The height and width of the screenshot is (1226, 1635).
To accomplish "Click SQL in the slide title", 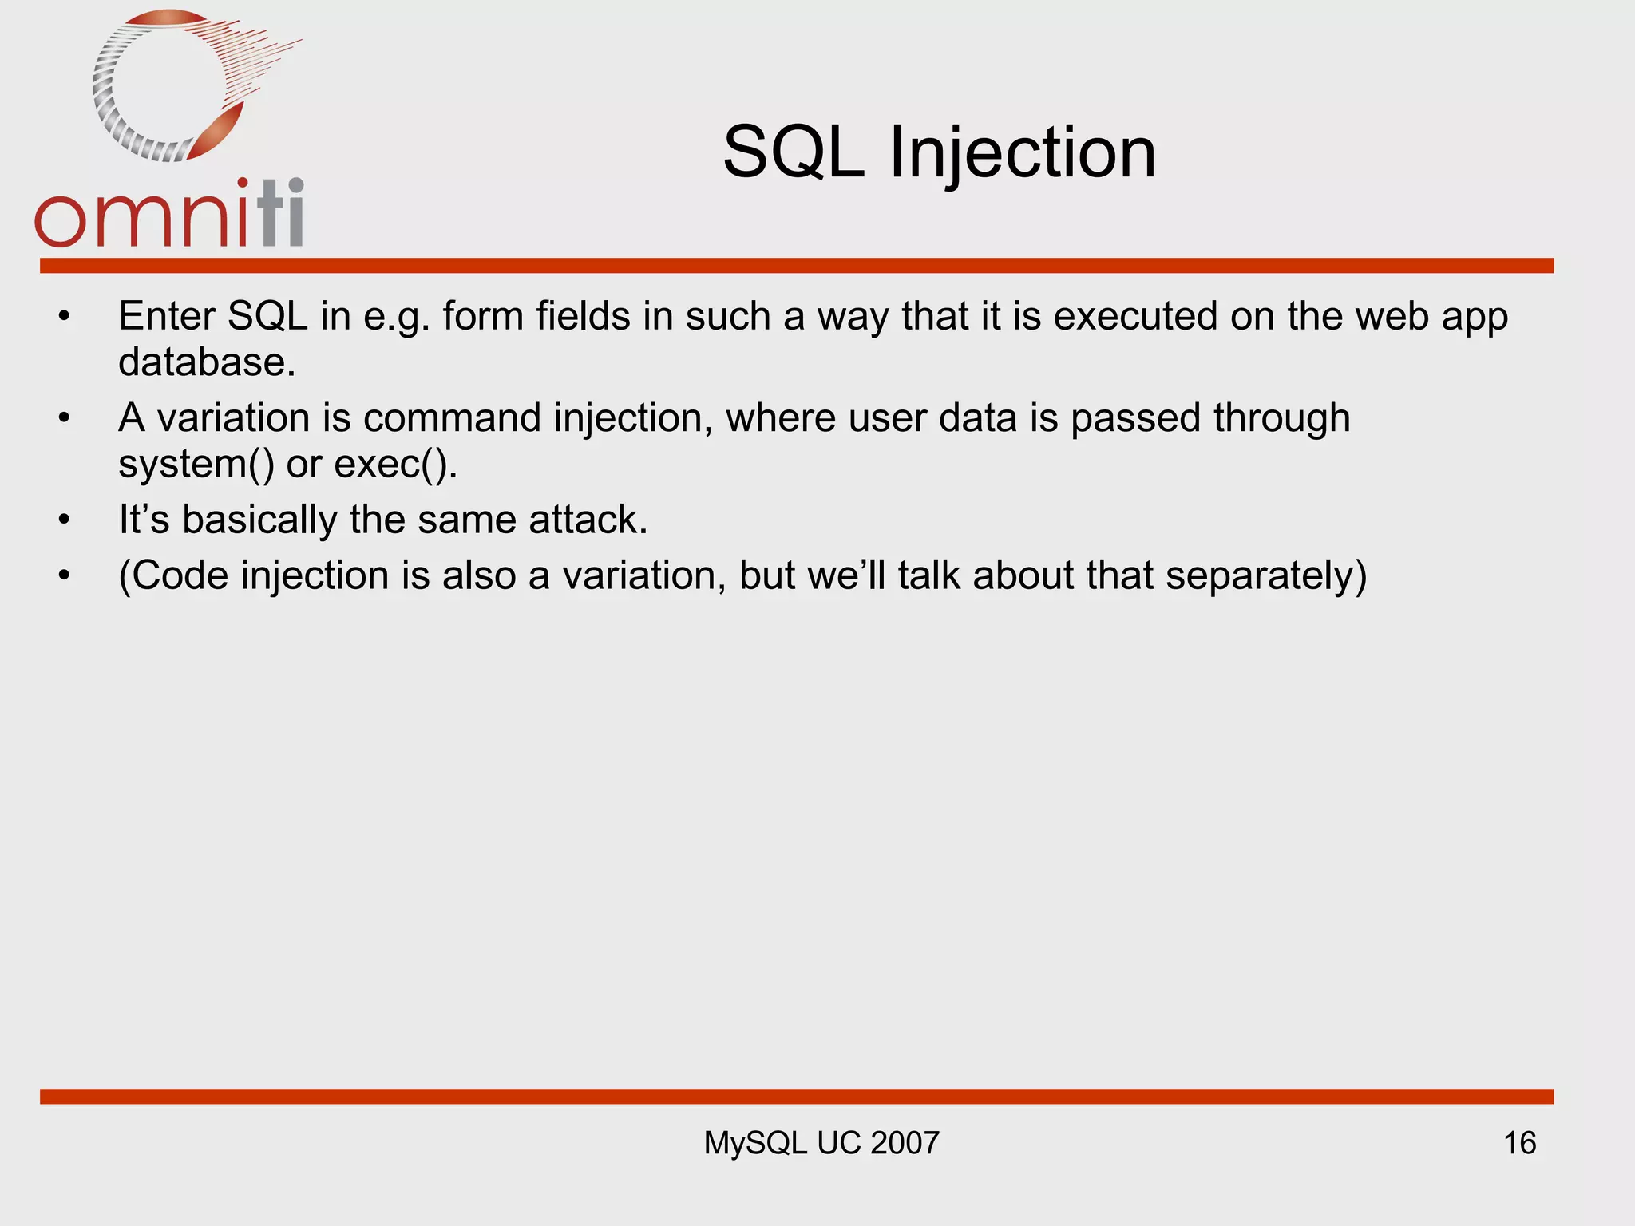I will point(794,153).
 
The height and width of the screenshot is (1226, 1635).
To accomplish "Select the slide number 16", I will point(1519,1143).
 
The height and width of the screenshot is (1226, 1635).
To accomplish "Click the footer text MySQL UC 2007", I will point(821,1143).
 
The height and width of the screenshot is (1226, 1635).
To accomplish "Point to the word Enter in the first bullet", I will point(166,316).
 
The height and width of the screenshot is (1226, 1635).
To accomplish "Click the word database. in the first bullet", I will point(207,362).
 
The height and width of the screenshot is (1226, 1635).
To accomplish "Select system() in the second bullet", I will point(196,465).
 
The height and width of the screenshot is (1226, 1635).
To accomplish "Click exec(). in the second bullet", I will point(395,465).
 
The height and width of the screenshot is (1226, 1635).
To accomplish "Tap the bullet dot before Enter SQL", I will point(64,318).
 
